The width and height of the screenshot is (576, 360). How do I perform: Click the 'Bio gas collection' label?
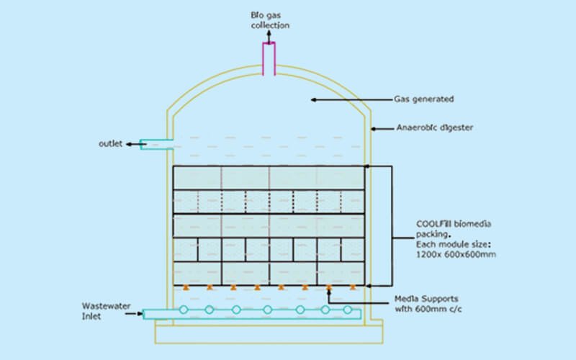coord(270,20)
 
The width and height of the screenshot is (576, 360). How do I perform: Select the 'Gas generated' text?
coord(423,99)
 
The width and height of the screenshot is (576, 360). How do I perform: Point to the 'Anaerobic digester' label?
coord(435,127)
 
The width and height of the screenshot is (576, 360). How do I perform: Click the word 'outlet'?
coord(110,143)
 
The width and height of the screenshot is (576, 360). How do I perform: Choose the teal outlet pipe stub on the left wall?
coord(157,145)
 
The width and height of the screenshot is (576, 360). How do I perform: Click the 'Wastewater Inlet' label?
coord(106,311)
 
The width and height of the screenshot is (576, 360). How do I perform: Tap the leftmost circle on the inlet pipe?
coord(184,310)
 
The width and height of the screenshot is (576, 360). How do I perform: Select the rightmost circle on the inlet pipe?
coord(348,310)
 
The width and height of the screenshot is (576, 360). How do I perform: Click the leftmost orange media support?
coord(186,287)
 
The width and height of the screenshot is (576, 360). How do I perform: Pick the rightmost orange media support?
coord(353,287)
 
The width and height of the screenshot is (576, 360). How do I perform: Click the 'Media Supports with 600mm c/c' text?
coord(428,304)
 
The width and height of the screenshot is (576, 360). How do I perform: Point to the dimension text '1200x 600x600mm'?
coord(456,254)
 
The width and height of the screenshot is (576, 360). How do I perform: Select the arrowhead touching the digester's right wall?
coord(373,129)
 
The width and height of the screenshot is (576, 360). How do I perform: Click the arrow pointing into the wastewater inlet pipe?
coord(134,314)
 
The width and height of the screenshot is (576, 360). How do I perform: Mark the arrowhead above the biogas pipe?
coord(269,32)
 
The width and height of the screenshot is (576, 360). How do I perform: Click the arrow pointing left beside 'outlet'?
coord(136,145)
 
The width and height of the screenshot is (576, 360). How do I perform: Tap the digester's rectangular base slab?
coord(269,334)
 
